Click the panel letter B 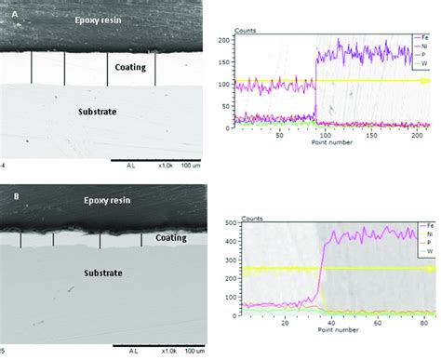7,198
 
